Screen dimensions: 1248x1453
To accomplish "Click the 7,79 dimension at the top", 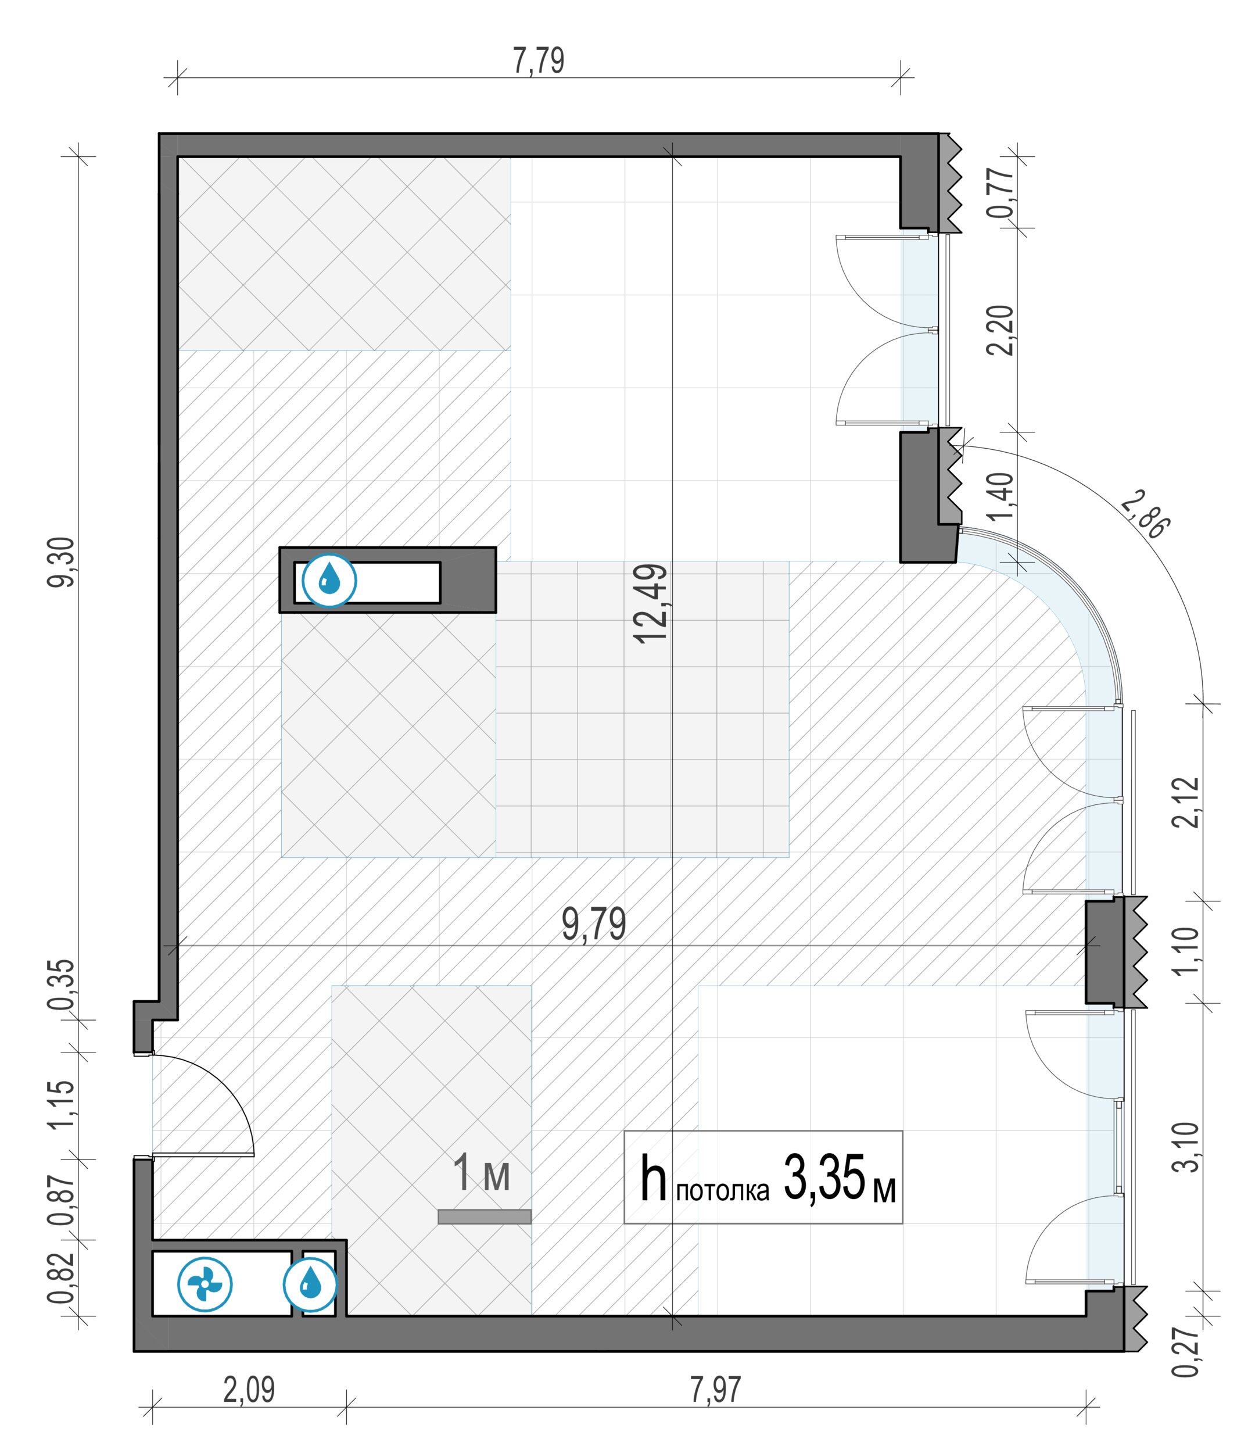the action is click(539, 61).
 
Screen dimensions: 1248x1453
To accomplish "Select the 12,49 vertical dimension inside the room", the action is click(650, 604).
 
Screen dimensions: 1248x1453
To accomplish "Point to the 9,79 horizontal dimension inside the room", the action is click(593, 924).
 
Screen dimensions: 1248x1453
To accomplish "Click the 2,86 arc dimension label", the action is click(1144, 517).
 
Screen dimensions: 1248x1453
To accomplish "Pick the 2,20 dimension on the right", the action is click(1000, 330).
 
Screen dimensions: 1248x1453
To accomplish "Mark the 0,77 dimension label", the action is click(1000, 191).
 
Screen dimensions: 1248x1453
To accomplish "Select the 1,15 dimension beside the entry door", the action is click(61, 1105).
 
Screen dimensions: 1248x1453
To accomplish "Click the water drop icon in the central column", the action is click(329, 581).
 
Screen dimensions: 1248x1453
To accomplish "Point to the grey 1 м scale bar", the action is click(485, 1216).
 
